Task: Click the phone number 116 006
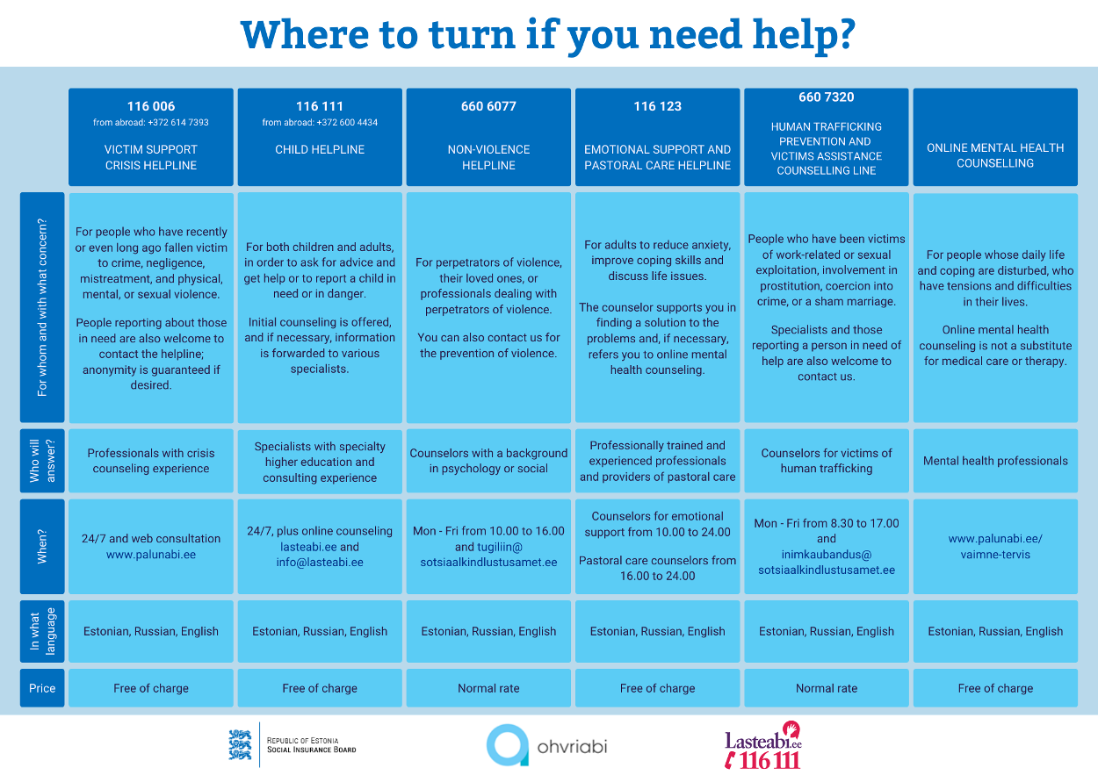(x=150, y=106)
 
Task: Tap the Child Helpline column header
(x=320, y=149)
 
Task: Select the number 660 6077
(x=488, y=106)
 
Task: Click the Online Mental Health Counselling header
(x=995, y=155)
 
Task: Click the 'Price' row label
(x=42, y=688)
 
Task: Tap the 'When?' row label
(x=42, y=546)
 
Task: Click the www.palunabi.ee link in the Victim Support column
(x=151, y=555)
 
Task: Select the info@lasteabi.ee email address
(x=320, y=563)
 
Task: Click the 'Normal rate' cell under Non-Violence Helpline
(x=488, y=688)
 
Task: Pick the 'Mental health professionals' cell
(x=995, y=461)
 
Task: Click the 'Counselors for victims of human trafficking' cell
(x=827, y=461)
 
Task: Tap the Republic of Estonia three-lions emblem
(x=241, y=744)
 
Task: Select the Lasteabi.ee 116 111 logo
(x=762, y=746)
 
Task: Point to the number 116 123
(x=657, y=106)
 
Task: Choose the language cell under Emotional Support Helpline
(x=657, y=631)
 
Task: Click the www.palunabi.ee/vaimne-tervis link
(x=995, y=547)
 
